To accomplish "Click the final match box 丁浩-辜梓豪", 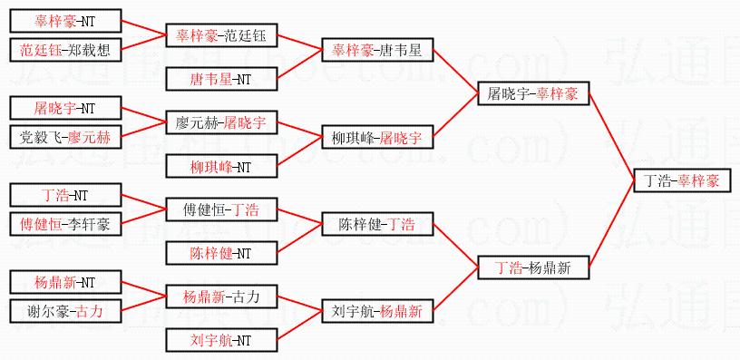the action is point(682,180).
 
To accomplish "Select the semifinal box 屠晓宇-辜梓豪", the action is point(533,93).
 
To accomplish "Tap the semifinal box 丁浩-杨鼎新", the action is point(533,268).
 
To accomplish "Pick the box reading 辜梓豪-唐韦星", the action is point(377,50).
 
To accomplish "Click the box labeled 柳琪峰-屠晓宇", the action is point(377,137).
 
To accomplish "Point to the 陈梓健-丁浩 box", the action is point(377,224).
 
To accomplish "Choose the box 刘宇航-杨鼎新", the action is point(377,311).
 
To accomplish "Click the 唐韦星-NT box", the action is point(221,79).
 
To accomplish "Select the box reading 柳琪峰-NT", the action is point(221,166).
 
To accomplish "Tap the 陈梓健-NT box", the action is point(221,253).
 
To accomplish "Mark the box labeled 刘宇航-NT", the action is point(221,340).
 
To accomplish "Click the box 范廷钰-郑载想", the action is point(65,50).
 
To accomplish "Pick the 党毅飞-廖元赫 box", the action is point(65,137).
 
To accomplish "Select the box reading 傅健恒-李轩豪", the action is point(65,224).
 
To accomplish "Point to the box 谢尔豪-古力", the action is point(65,311).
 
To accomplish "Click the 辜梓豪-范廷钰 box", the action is point(221,35).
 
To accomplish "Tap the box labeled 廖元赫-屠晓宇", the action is point(221,122).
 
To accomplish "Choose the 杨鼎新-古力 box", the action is point(221,297).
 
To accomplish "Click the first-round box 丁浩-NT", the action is point(65,195).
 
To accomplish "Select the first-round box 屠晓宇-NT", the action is point(65,108).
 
